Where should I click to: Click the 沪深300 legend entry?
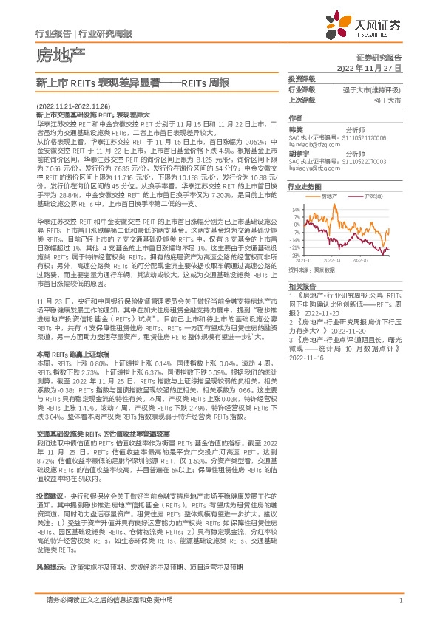coord(373,196)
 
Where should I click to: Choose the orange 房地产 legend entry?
coord(330,196)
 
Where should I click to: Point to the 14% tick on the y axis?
coord(297,210)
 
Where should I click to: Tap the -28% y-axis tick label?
coord(296,255)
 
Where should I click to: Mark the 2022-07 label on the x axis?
coord(361,261)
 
